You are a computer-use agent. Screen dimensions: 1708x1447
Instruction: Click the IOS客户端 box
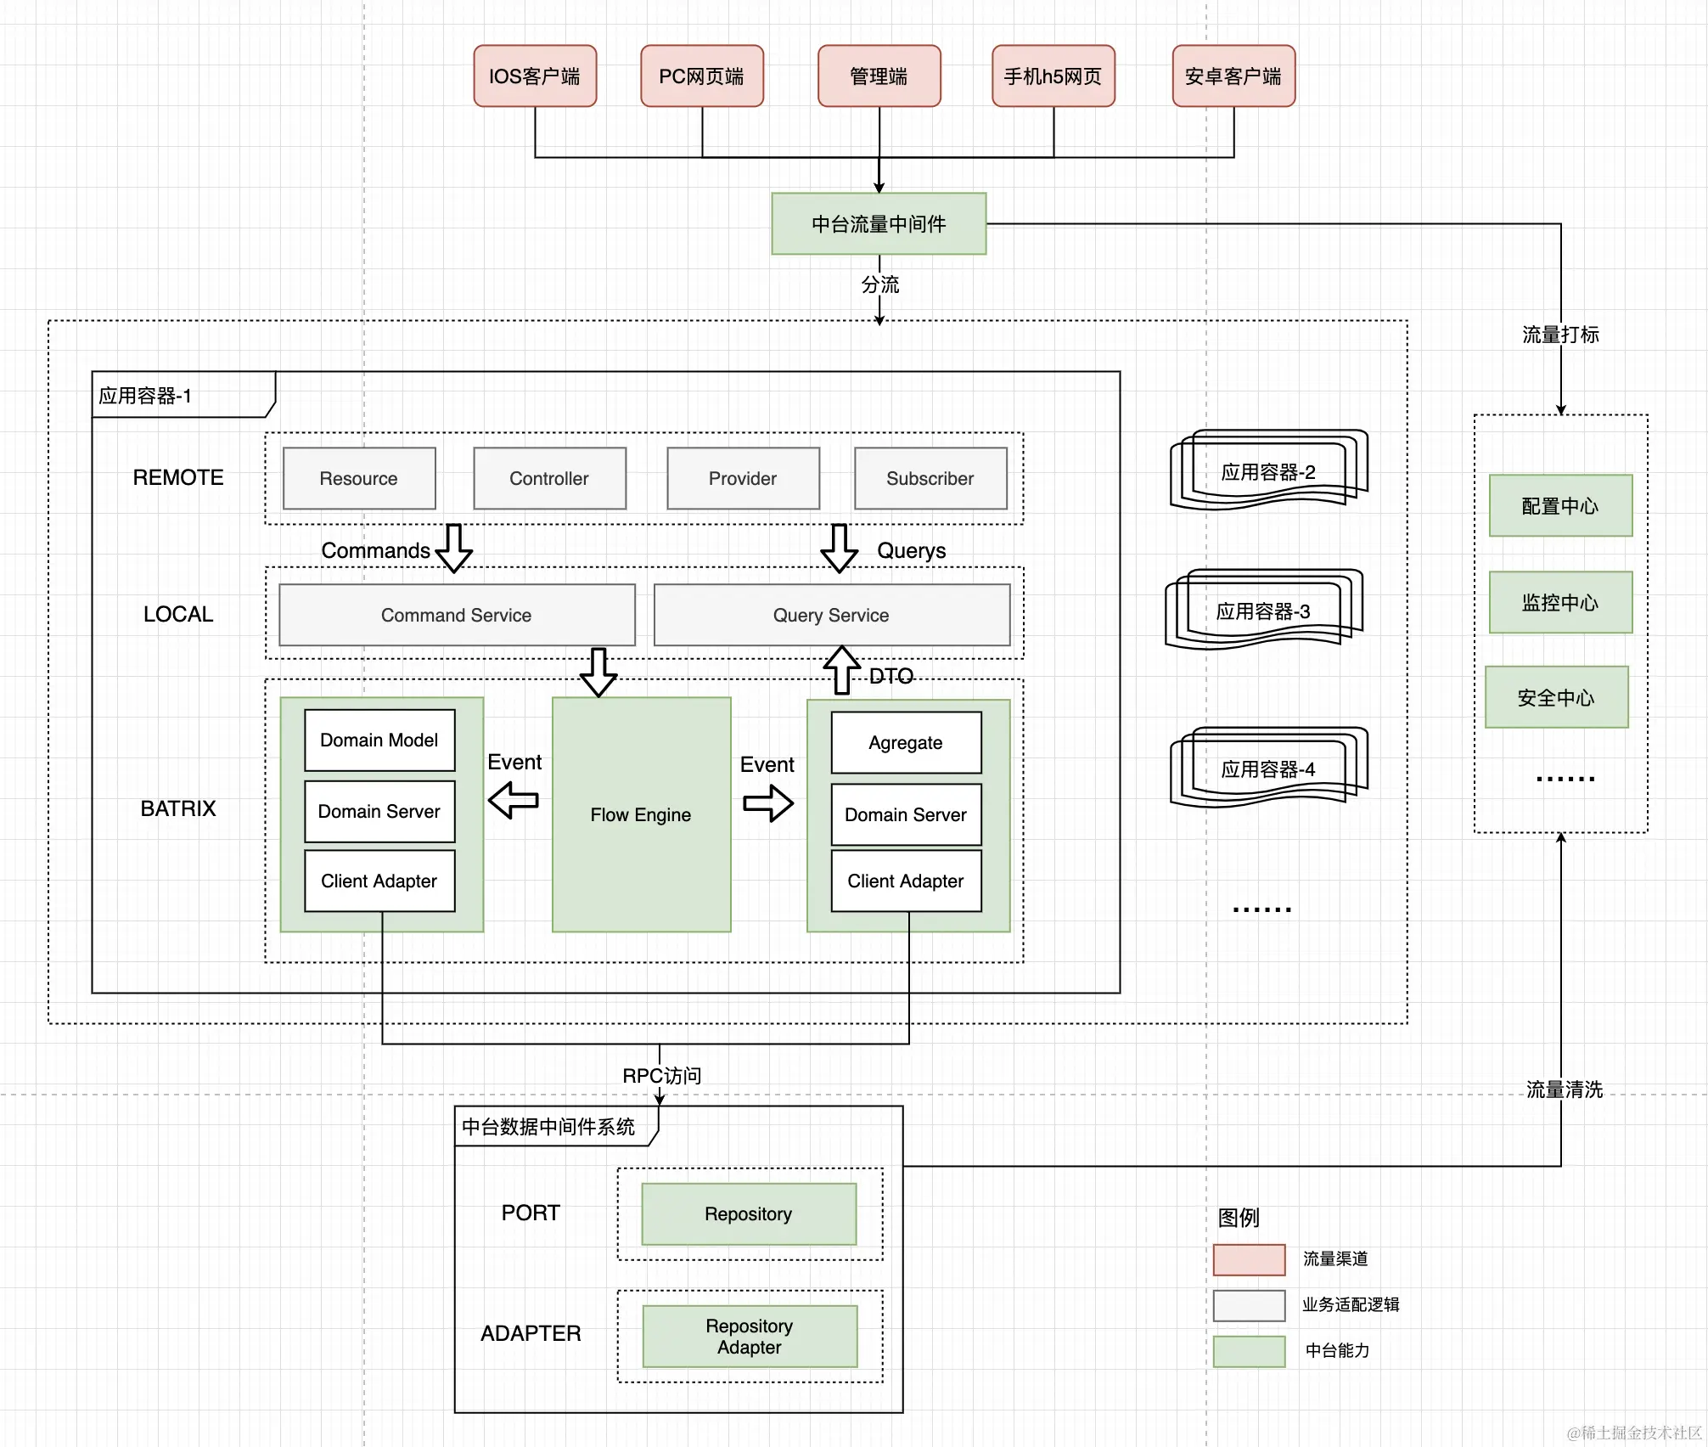click(x=535, y=76)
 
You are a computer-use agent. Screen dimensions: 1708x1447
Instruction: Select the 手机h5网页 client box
click(x=1053, y=76)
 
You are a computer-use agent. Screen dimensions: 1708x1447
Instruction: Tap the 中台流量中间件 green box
click(x=879, y=224)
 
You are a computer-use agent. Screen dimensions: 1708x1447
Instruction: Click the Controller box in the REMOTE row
click(x=550, y=478)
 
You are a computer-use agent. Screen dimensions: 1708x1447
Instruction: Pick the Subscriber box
click(x=930, y=478)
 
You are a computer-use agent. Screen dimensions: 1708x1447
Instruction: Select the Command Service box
click(x=457, y=615)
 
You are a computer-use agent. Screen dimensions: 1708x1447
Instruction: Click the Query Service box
click(x=832, y=615)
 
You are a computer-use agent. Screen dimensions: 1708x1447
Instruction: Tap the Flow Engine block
click(x=642, y=814)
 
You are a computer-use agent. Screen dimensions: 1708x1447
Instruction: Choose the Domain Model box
click(x=379, y=740)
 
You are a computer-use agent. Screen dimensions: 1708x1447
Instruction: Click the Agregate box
click(x=907, y=743)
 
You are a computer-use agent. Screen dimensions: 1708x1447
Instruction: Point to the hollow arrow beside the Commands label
click(x=454, y=549)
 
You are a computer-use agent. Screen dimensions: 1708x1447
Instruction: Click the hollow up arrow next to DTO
click(x=842, y=670)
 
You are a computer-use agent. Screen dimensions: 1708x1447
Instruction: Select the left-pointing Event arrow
click(x=514, y=800)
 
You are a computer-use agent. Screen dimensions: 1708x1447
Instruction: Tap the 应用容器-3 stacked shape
click(x=1264, y=610)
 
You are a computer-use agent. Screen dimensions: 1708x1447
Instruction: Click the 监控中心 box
click(x=1560, y=602)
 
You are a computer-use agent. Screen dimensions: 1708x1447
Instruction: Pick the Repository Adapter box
click(x=750, y=1337)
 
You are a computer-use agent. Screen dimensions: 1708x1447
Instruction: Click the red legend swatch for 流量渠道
click(x=1250, y=1259)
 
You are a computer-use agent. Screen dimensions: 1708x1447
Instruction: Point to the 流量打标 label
click(x=1560, y=335)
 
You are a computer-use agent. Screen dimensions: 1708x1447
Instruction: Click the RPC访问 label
click(x=662, y=1076)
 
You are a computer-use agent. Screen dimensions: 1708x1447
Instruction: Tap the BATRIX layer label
click(x=178, y=808)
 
